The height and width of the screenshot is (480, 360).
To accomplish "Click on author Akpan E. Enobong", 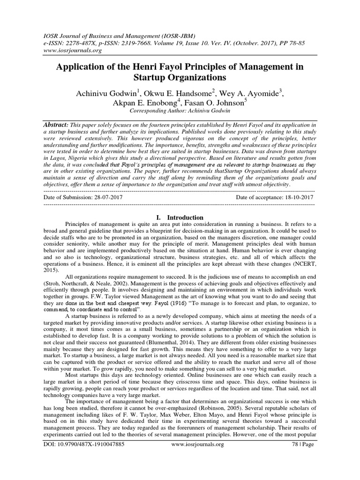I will pyautogui.click(x=150, y=103).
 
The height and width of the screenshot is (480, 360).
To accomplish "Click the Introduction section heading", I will pyautogui.click(x=184, y=217).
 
